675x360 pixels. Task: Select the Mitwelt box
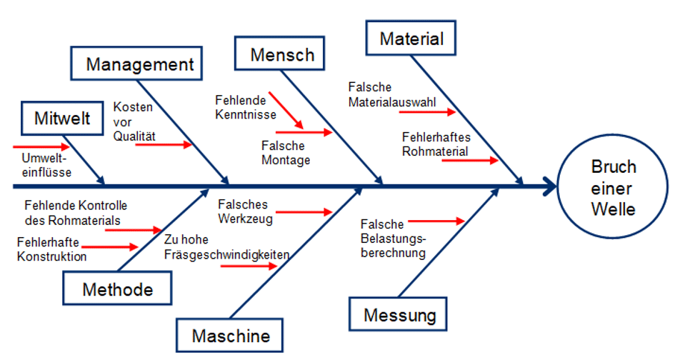[62, 119]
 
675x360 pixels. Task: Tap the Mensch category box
[282, 54]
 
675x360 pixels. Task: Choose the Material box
[411, 39]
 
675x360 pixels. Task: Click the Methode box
[118, 289]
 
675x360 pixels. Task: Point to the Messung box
[399, 314]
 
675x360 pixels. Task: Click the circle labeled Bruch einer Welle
[613, 187]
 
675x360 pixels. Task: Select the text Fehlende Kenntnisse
[241, 106]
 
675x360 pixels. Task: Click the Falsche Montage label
[286, 153]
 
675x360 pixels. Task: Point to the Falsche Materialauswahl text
[392, 94]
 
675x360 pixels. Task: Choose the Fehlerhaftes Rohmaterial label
[436, 144]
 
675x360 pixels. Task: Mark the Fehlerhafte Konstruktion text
[52, 249]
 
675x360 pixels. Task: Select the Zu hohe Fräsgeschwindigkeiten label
[226, 247]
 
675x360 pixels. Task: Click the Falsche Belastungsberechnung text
[394, 239]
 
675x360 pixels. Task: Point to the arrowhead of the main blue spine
[550, 187]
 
